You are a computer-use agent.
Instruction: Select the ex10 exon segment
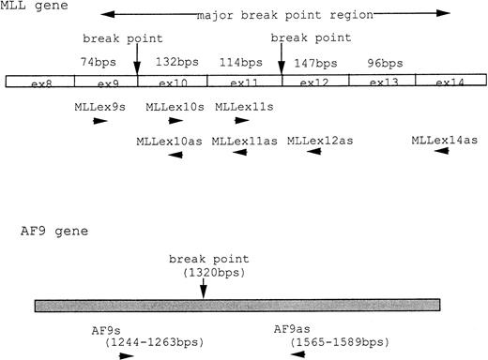tap(173, 82)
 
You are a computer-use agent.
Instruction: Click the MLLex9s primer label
tap(100, 107)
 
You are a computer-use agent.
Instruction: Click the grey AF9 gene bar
tap(237, 306)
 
